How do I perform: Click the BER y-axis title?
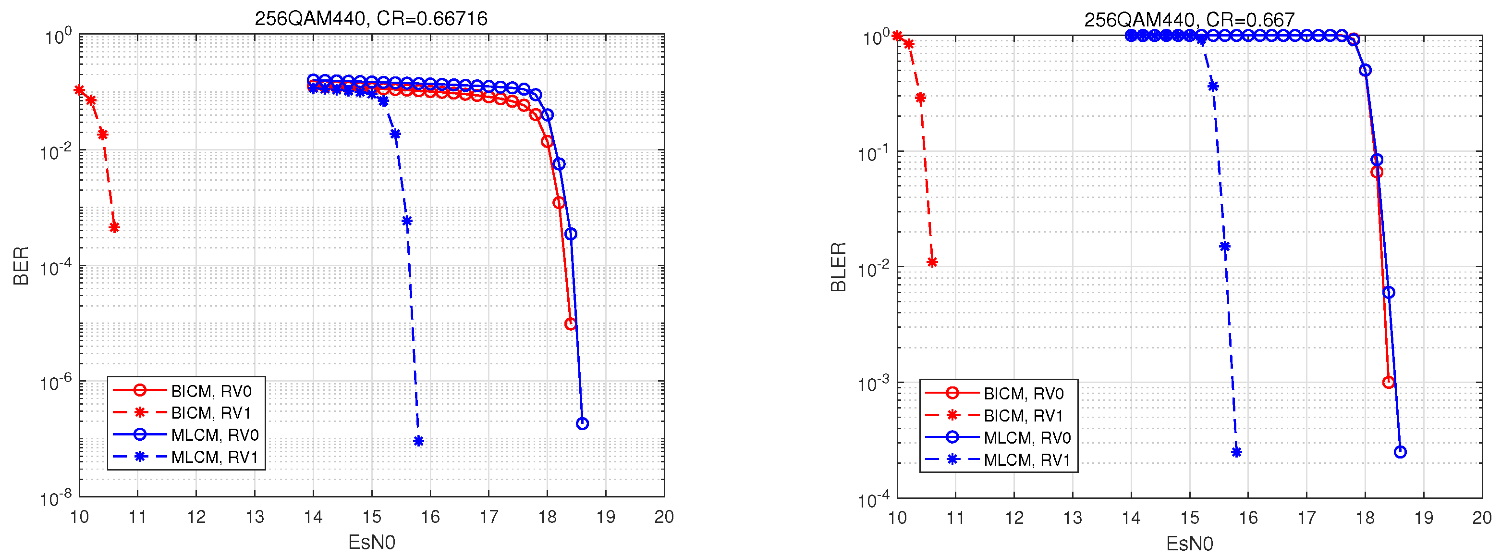coord(21,266)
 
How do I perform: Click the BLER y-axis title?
coord(838,267)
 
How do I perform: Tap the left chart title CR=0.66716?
coord(371,19)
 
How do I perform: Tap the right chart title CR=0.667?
coord(1189,20)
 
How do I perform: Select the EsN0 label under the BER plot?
coord(371,542)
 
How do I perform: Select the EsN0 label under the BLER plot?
coord(1189,544)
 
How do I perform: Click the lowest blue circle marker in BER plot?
coord(582,424)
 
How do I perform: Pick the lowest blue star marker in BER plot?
coord(418,441)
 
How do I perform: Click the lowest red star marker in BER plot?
coord(114,227)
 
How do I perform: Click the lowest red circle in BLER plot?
coord(1389,383)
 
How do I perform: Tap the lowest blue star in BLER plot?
coord(1236,452)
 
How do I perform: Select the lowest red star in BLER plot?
coord(932,262)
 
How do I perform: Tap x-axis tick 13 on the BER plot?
coord(255,517)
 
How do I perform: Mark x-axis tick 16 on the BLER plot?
coord(1248,518)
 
